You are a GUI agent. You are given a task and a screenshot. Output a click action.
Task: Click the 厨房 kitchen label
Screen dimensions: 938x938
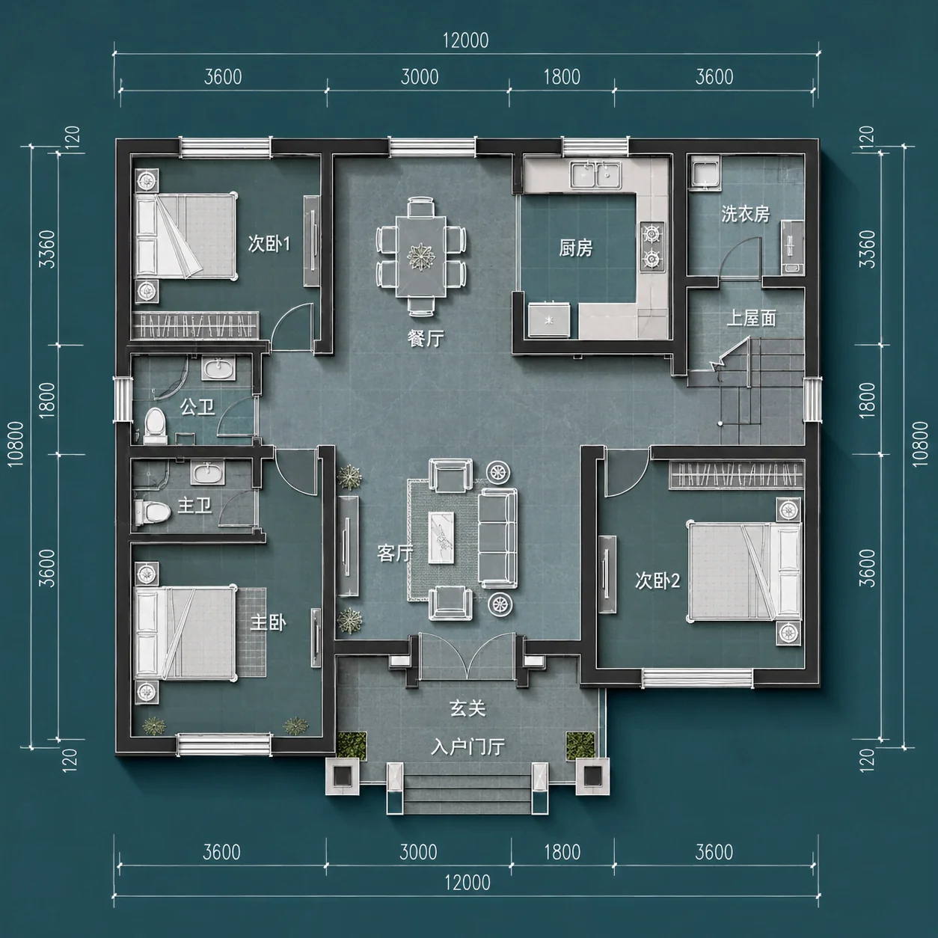pos(575,249)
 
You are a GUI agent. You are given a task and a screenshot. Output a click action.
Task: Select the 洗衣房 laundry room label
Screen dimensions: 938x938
pos(745,214)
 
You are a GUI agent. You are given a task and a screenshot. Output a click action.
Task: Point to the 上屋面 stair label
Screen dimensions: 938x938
pos(751,319)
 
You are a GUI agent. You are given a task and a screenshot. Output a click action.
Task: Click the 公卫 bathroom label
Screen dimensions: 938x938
pos(197,406)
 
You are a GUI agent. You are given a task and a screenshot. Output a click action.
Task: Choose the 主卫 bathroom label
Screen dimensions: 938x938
pos(194,506)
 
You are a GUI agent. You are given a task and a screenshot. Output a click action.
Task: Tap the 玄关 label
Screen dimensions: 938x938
pos(468,708)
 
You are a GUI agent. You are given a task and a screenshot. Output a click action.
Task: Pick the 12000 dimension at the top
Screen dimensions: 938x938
pos(465,40)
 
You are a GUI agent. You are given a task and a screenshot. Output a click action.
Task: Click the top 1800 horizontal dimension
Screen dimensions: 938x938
pos(562,77)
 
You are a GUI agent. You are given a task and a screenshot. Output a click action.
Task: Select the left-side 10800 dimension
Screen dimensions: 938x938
pos(16,444)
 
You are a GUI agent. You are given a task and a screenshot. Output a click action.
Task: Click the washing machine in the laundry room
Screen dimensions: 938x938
pos(705,175)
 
